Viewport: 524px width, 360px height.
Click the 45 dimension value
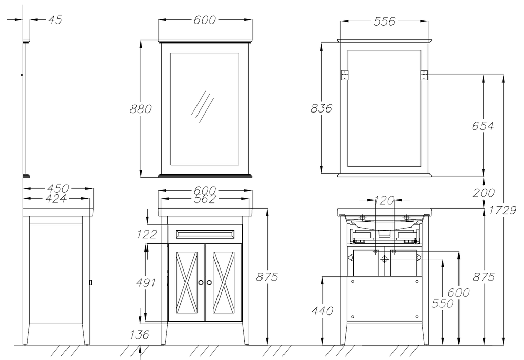pyautogui.click(x=55, y=20)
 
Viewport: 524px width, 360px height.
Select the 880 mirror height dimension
pyautogui.click(x=141, y=109)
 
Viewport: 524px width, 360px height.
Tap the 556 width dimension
pyautogui.click(x=384, y=21)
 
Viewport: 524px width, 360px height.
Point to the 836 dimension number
pyautogui.click(x=321, y=108)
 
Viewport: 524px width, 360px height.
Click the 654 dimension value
pyautogui.click(x=483, y=126)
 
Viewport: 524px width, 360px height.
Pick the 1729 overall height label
pyautogui.click(x=503, y=210)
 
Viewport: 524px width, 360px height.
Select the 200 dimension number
pyautogui.click(x=484, y=193)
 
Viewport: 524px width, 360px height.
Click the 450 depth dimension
pyautogui.click(x=58, y=188)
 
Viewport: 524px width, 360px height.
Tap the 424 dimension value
pyautogui.click(x=56, y=199)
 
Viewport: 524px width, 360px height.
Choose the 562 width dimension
pyautogui.click(x=205, y=199)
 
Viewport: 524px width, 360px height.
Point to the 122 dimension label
pyautogui.click(x=147, y=234)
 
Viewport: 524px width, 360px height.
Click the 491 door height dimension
pyautogui.click(x=146, y=282)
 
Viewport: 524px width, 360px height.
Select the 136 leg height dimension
pyautogui.click(x=139, y=334)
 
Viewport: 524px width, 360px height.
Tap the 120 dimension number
pyautogui.click(x=385, y=200)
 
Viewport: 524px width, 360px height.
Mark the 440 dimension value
pyautogui.click(x=322, y=311)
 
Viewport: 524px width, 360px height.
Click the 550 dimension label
pyautogui.click(x=443, y=304)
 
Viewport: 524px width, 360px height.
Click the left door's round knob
pyautogui.click(x=201, y=282)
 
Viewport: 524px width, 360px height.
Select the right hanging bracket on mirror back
pyautogui.click(x=424, y=75)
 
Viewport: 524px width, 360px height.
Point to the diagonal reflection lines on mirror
pyautogui.click(x=203, y=106)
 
